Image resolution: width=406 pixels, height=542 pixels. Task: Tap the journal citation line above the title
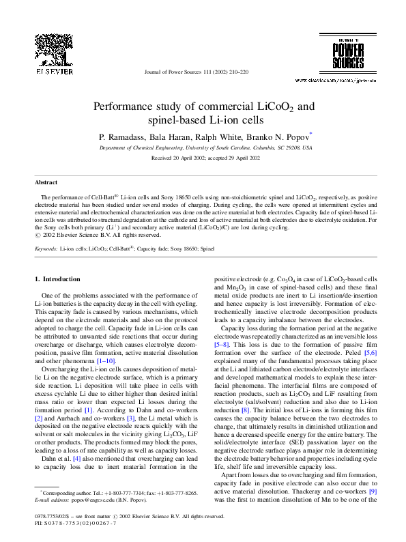(x=203, y=72)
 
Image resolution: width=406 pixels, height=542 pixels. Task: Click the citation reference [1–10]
(x=106, y=360)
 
